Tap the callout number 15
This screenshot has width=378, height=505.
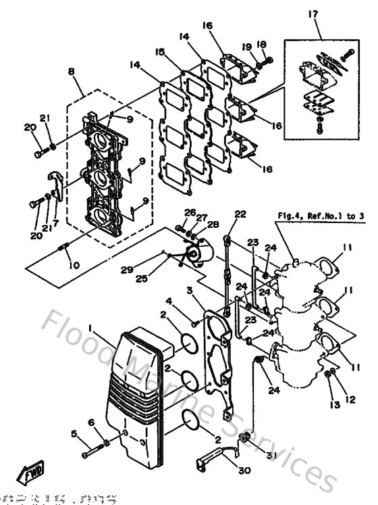coord(159,52)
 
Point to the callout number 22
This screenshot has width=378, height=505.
coord(240,214)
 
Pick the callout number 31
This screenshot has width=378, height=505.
coord(272,454)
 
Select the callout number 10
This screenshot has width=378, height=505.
coord(73,266)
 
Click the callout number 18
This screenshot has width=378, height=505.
coord(262,45)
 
